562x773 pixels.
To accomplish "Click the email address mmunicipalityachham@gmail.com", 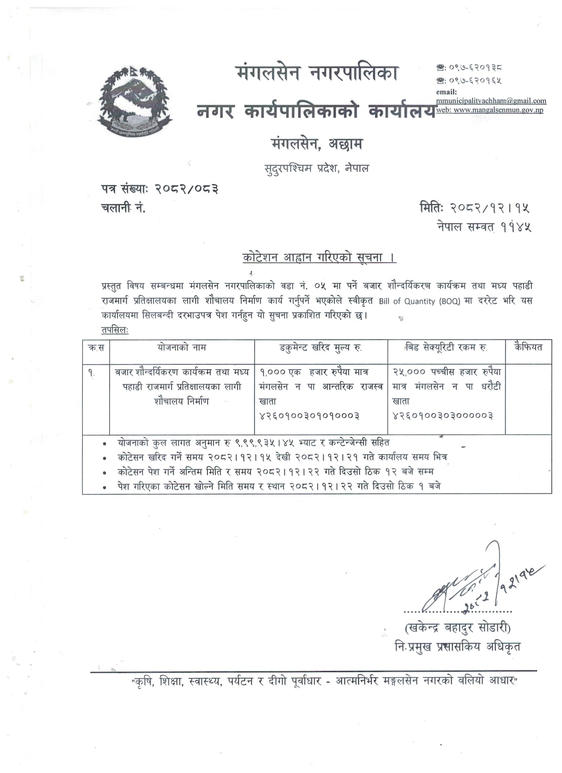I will pos(491,101).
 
